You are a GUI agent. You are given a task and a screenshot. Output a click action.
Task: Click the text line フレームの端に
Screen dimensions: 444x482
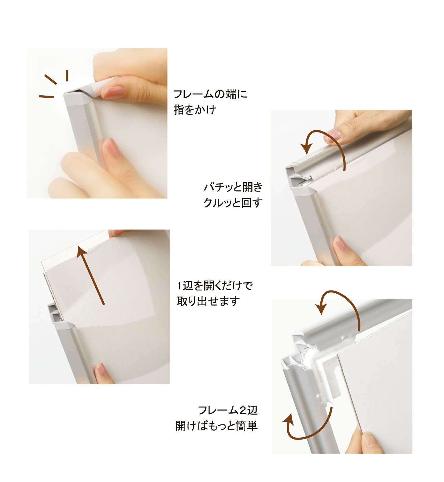point(210,94)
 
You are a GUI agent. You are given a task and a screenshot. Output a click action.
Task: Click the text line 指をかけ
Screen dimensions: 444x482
point(195,110)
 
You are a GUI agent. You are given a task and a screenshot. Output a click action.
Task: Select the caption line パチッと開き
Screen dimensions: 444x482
point(233,187)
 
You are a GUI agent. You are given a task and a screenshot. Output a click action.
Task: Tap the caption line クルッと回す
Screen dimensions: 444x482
point(233,202)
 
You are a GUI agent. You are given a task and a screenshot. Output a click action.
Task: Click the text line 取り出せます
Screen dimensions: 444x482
point(208,301)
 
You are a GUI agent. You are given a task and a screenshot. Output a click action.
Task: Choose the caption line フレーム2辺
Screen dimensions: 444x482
point(228,410)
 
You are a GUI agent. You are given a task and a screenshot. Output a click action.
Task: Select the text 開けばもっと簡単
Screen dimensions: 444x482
point(217,426)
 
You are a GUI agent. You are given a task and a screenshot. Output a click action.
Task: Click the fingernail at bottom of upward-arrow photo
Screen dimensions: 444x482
point(101,370)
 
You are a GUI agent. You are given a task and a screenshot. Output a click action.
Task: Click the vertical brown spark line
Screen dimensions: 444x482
point(67,75)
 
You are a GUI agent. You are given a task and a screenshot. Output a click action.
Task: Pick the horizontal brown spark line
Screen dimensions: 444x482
point(46,96)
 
